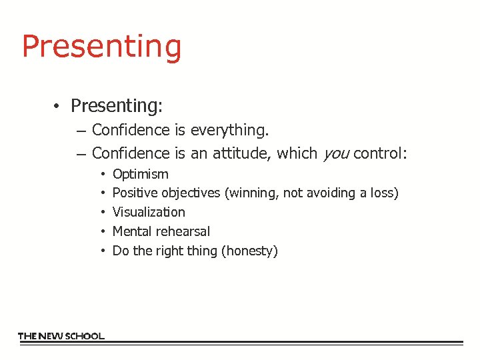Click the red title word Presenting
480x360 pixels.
point(101,47)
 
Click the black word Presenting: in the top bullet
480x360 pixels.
point(117,106)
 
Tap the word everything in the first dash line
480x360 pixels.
point(229,129)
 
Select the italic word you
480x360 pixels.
point(335,154)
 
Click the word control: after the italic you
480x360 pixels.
point(380,153)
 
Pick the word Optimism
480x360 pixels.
point(141,175)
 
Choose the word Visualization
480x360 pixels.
point(149,212)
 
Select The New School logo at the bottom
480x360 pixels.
point(61,336)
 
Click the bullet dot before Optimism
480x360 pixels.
point(103,175)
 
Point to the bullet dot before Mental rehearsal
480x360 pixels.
point(103,231)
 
